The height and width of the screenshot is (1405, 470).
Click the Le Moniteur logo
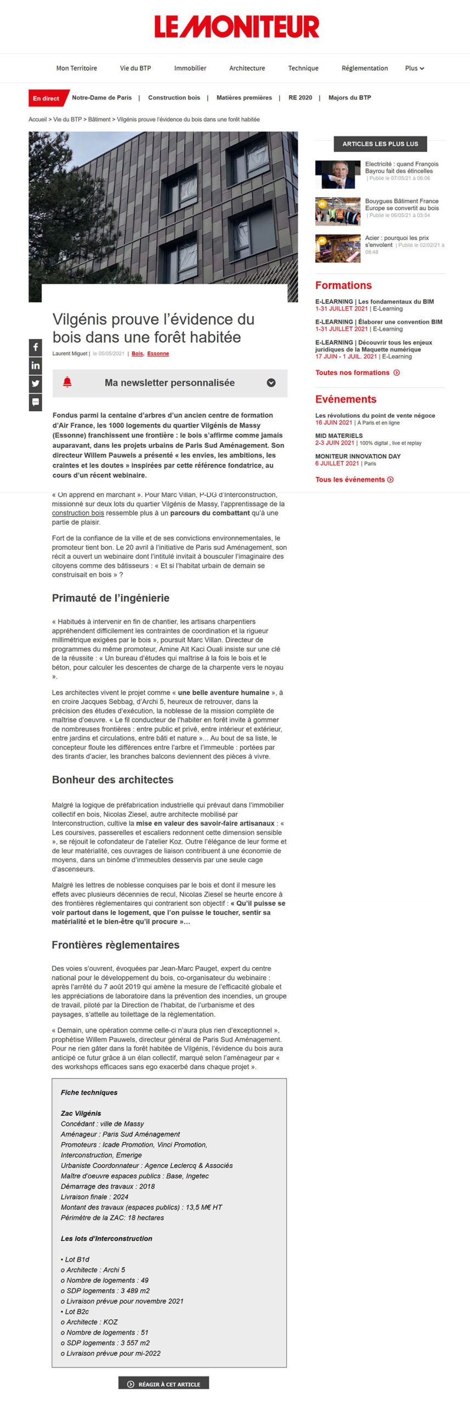[x=236, y=26]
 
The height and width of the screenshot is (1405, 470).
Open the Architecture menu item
[x=247, y=68]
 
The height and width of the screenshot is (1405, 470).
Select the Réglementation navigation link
[x=364, y=68]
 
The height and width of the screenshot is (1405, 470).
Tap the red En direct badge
[x=46, y=98]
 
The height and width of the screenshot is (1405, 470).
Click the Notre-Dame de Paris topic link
[x=101, y=98]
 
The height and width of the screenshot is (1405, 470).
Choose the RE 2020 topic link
[x=300, y=98]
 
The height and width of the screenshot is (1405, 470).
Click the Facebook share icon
[x=36, y=347]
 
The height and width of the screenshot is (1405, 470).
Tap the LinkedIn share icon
[x=36, y=366]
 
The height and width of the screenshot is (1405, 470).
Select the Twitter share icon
[x=36, y=384]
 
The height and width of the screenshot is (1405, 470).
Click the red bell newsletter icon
[x=67, y=383]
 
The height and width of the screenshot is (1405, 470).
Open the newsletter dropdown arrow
[x=271, y=383]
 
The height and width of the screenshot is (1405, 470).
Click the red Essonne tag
[x=158, y=353]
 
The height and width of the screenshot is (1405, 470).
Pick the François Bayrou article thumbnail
[x=337, y=175]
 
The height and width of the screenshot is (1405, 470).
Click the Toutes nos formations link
[x=357, y=373]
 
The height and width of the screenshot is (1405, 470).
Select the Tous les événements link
[x=354, y=480]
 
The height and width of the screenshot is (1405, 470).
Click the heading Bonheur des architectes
[x=112, y=780]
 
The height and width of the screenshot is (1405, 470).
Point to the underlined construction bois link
[x=78, y=513]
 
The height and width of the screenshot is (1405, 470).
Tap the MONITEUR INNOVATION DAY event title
[x=358, y=456]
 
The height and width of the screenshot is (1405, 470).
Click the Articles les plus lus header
[x=380, y=144]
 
